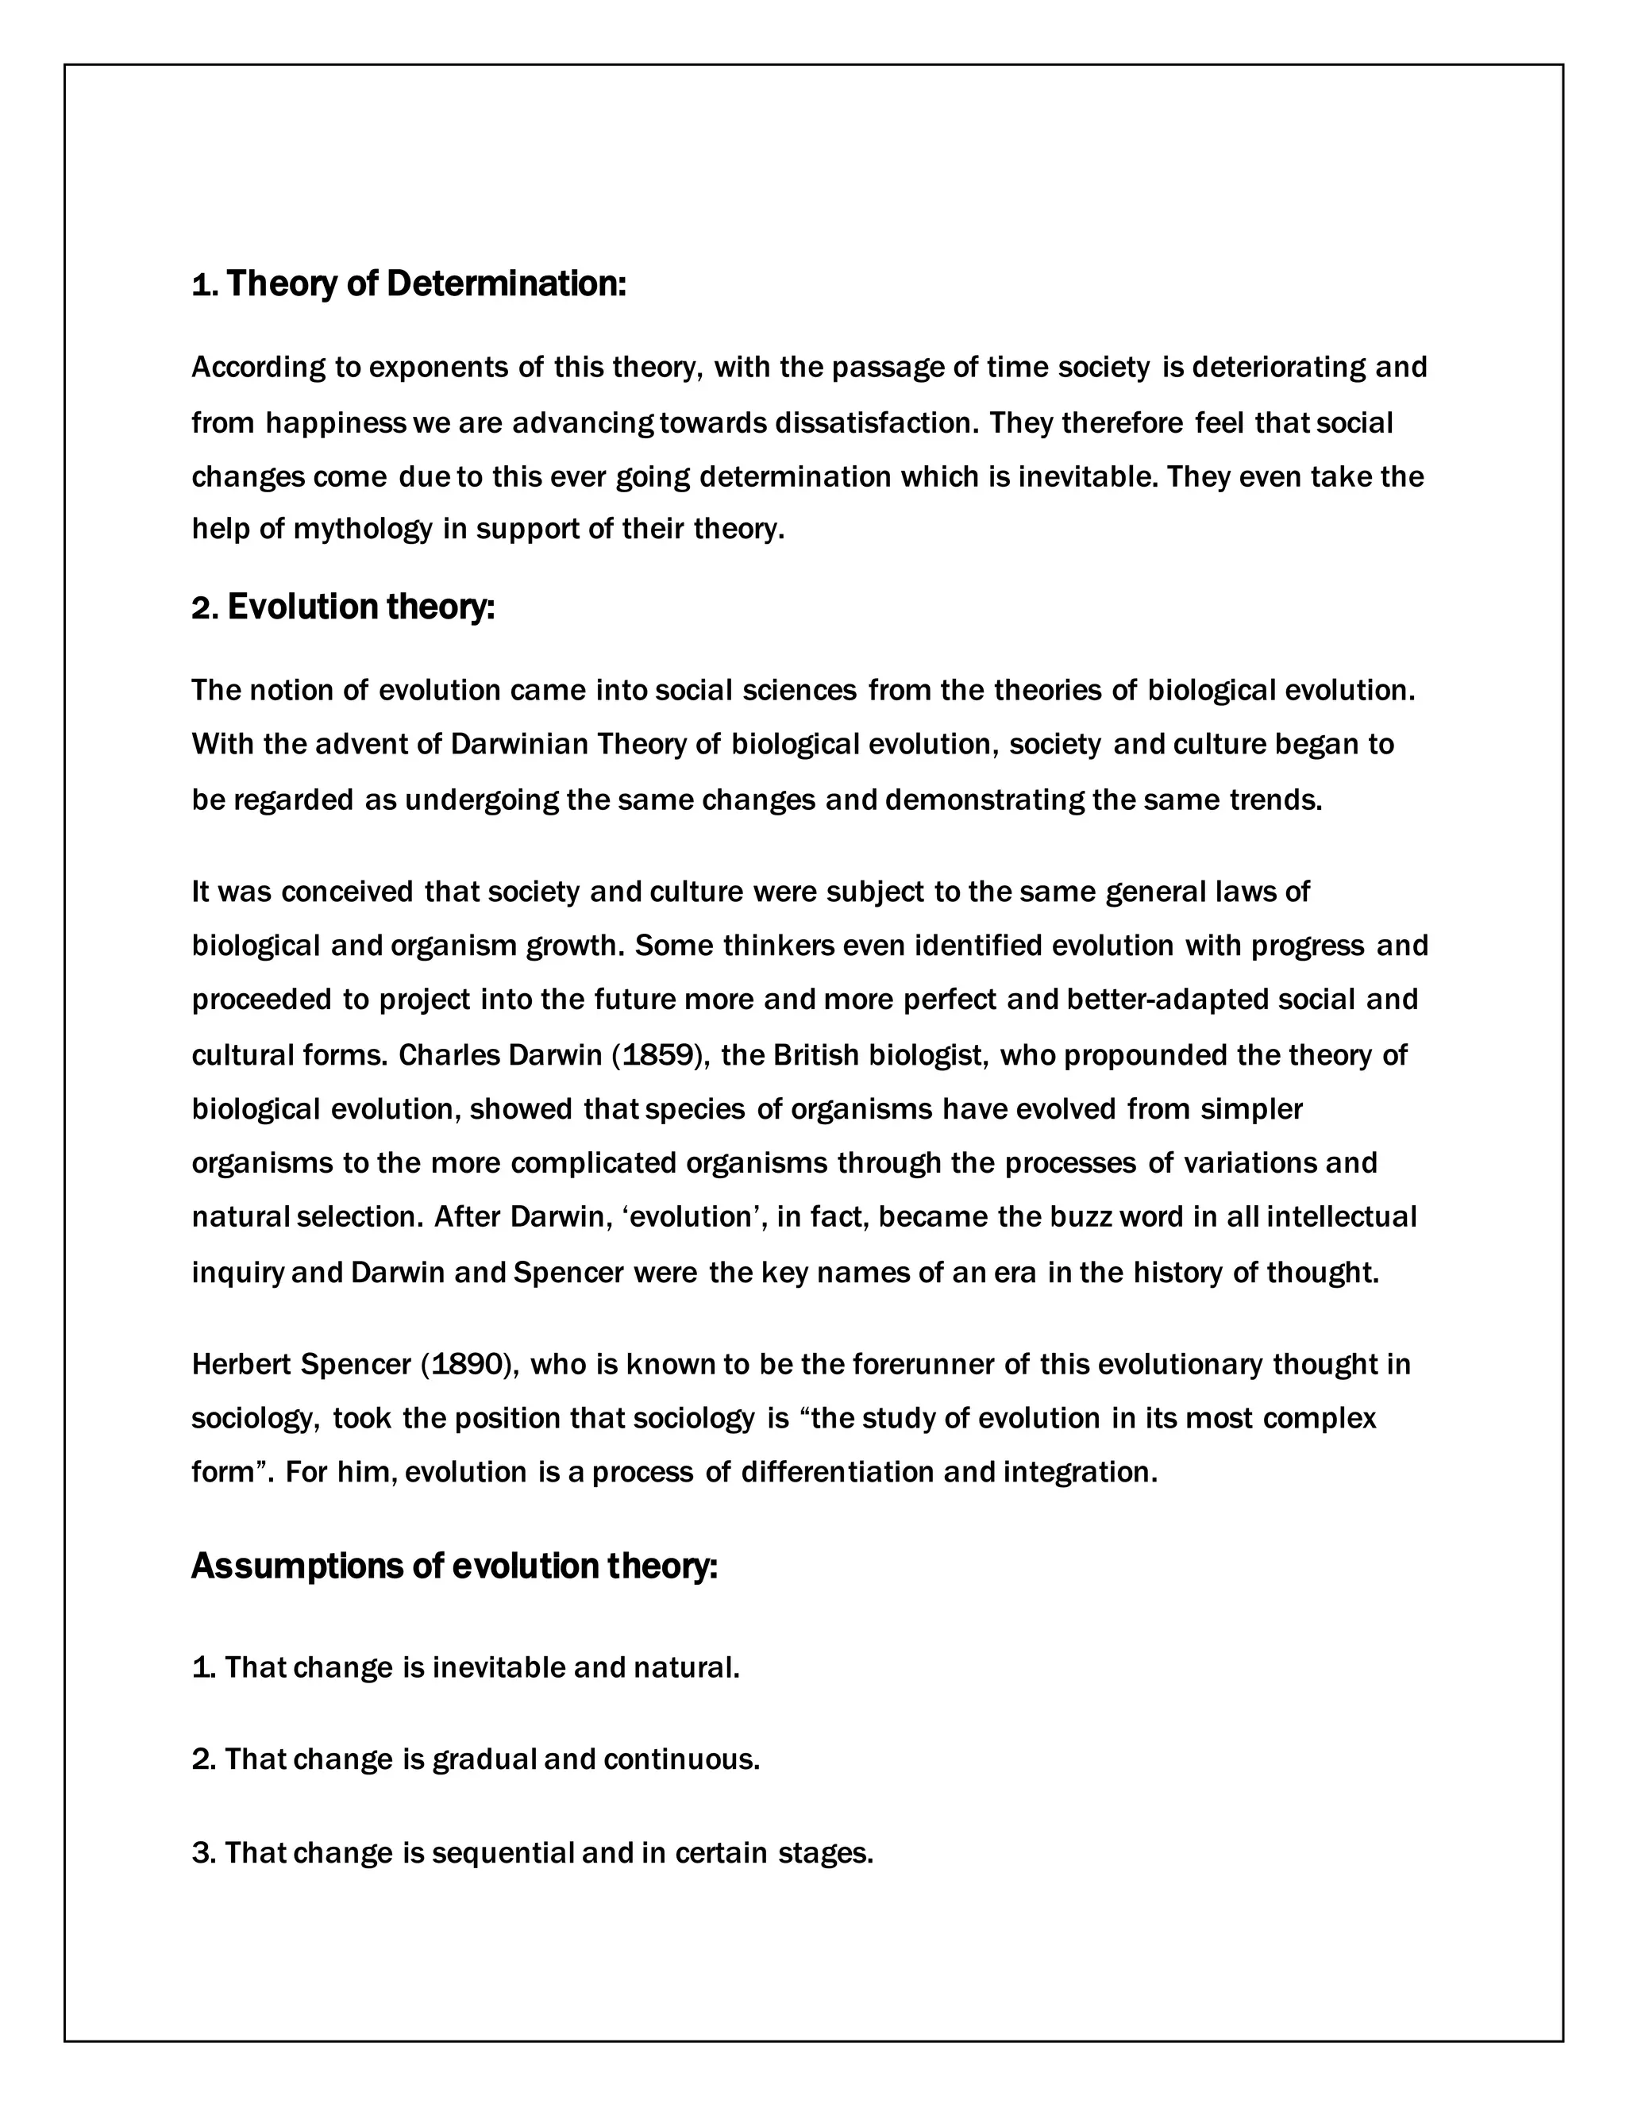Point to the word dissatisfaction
tap(877, 423)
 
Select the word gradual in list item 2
tap(484, 1759)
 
